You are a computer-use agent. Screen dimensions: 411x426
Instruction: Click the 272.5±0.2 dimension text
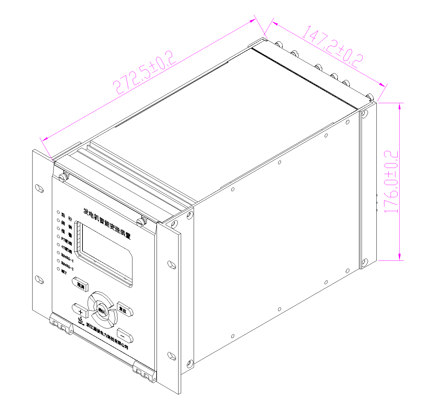click(x=145, y=73)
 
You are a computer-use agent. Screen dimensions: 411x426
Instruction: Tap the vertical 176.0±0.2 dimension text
click(x=391, y=182)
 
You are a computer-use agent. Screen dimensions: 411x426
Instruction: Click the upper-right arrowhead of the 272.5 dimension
click(x=253, y=20)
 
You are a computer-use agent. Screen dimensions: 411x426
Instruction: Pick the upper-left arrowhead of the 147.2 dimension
click(x=275, y=24)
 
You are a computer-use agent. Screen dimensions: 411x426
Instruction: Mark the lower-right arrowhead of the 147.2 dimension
click(x=382, y=85)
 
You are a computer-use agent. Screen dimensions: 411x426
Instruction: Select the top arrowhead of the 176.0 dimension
click(x=400, y=106)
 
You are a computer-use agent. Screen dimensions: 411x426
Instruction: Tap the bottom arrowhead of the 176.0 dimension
click(x=400, y=257)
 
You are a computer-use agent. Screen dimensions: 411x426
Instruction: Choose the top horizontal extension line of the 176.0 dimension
click(x=391, y=103)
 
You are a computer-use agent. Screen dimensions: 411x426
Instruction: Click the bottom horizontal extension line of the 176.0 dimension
click(x=391, y=260)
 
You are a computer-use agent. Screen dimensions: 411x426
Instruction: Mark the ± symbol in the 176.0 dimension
click(x=391, y=174)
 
